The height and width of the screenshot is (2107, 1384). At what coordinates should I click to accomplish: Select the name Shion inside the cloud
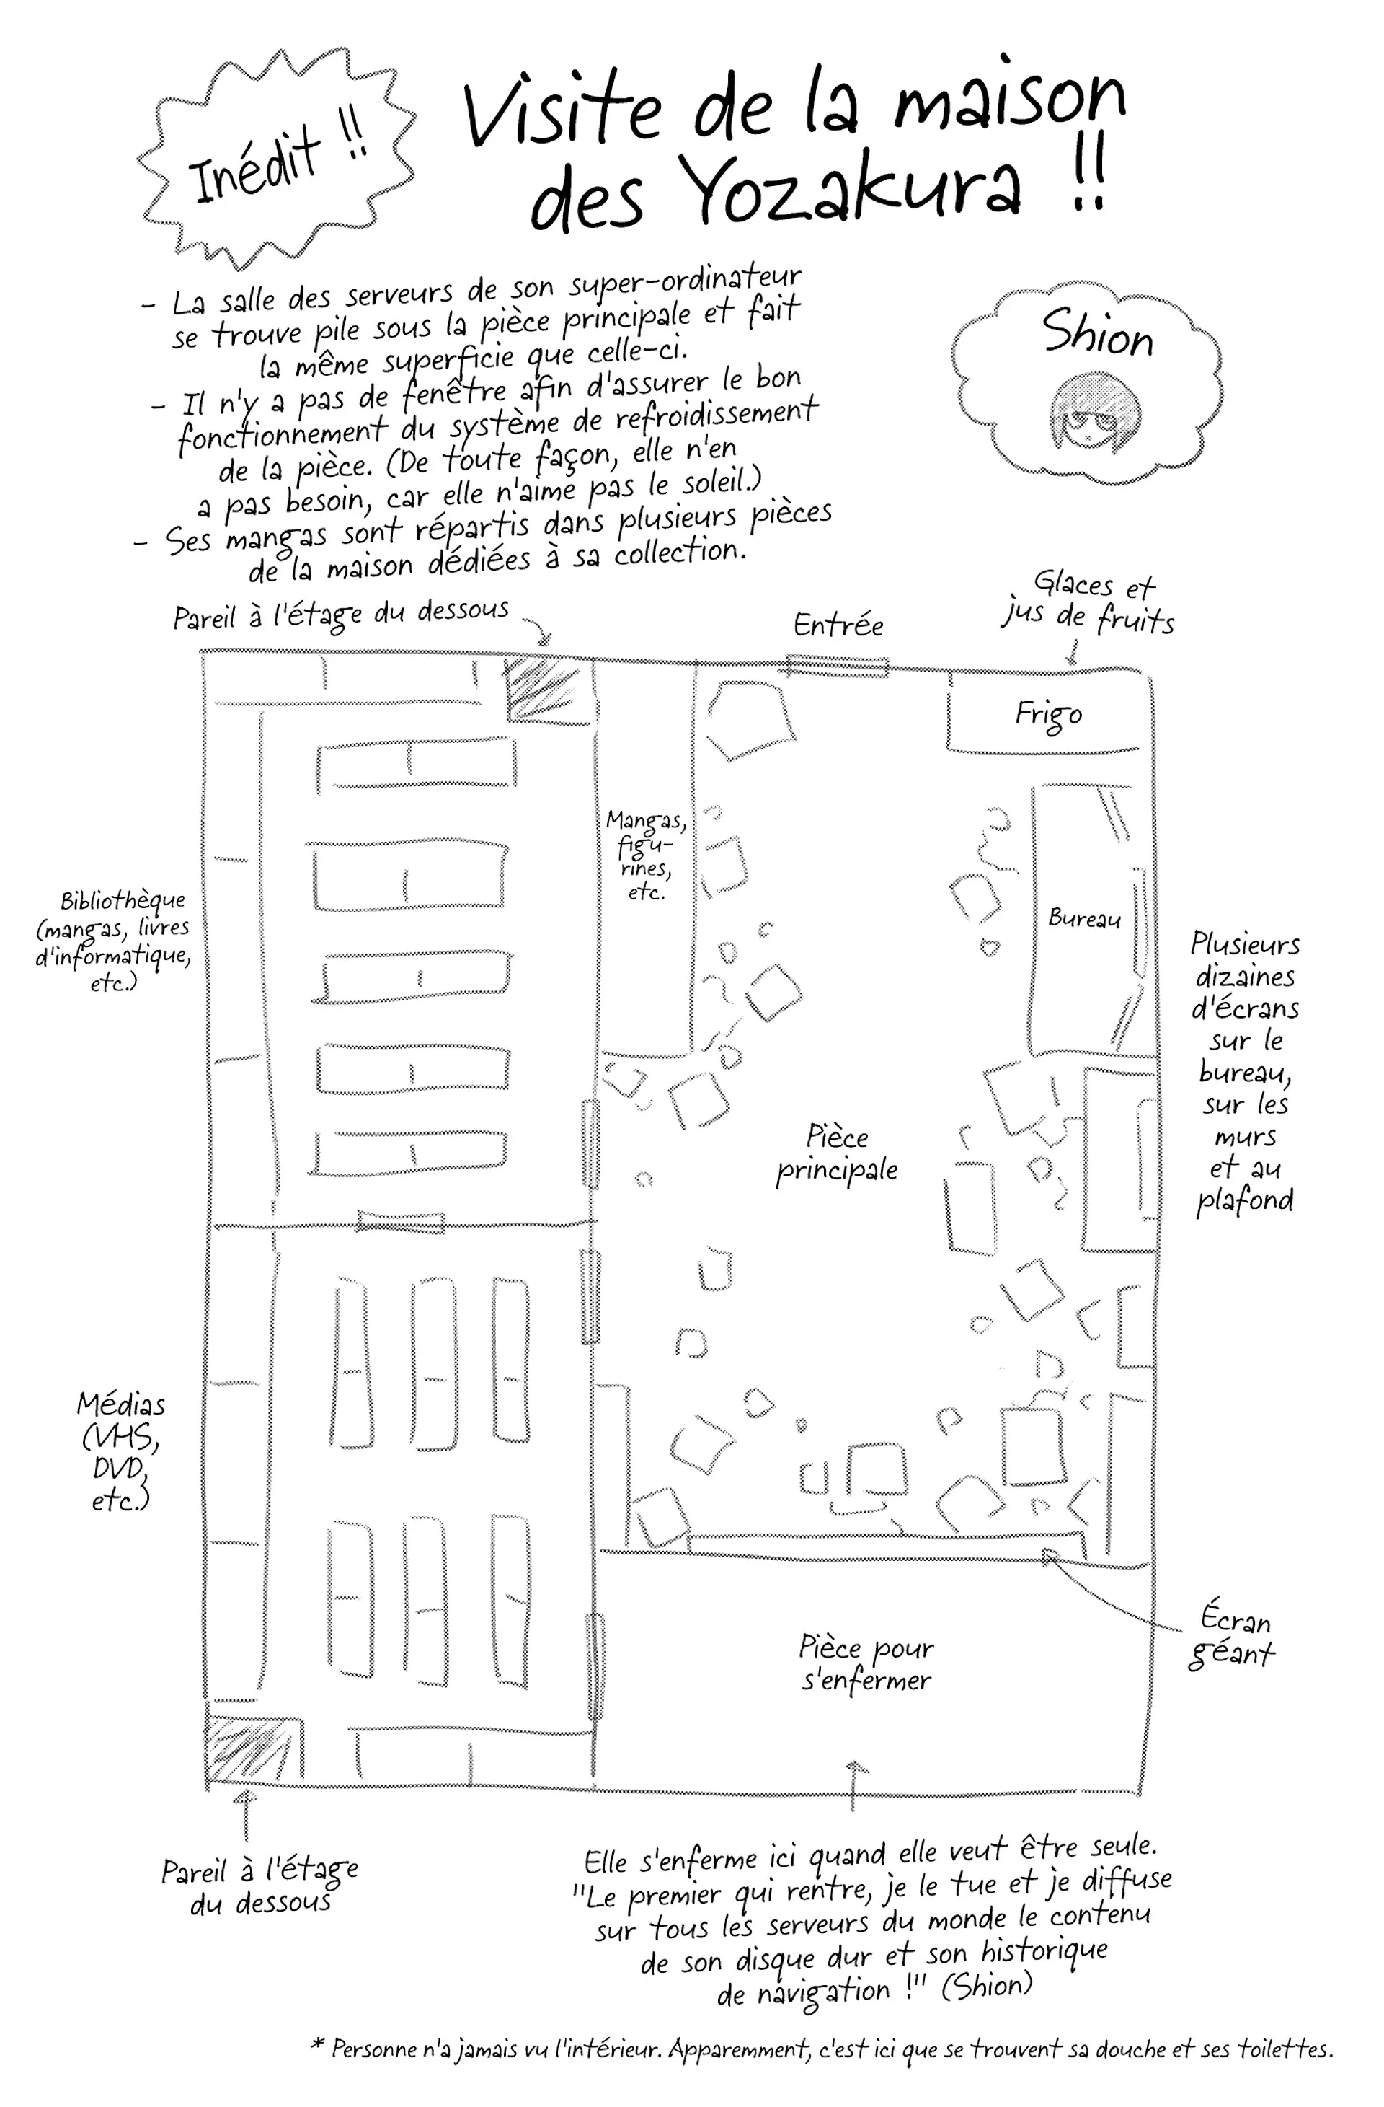pos(1097,334)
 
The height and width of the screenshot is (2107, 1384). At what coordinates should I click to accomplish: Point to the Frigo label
pos(1048,714)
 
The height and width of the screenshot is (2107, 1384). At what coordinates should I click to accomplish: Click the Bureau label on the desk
pos(1084,918)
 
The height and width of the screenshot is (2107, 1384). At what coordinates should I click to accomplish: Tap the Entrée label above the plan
pos(838,625)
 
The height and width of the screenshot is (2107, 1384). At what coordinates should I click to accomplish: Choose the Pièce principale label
pos(837,1153)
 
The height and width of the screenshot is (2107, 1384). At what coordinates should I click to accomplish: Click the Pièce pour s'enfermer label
pos(866,1663)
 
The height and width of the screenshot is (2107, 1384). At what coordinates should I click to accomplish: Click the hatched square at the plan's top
pos(541,690)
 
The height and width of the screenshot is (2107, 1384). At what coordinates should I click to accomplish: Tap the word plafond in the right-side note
pos(1245,1201)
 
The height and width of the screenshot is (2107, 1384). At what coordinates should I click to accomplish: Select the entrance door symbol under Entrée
pos(837,666)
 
